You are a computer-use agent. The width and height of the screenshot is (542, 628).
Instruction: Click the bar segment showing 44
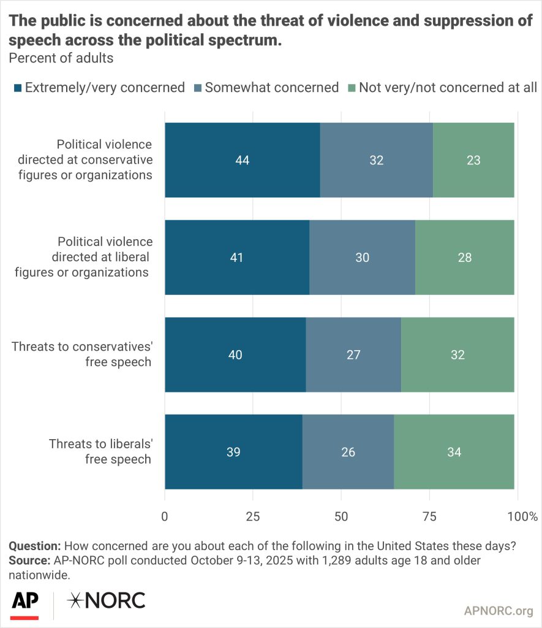point(242,160)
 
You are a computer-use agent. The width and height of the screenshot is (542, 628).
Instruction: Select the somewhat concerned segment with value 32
point(376,160)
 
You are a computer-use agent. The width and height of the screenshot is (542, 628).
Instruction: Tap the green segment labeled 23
point(473,160)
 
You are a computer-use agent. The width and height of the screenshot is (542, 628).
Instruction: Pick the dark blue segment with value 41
point(237,257)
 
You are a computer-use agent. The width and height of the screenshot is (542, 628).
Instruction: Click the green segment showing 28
point(464,257)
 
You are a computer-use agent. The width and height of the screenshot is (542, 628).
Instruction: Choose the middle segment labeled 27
point(353,354)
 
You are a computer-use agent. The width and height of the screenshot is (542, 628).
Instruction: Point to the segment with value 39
point(233,452)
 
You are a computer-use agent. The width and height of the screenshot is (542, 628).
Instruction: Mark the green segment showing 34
point(454,452)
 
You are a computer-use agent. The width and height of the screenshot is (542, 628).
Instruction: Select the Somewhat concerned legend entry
point(271,88)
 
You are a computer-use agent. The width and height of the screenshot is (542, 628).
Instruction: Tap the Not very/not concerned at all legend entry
point(448,88)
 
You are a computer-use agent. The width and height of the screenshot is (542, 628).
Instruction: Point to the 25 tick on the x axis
point(253,516)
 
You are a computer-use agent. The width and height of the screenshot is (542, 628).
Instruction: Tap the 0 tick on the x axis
point(165,516)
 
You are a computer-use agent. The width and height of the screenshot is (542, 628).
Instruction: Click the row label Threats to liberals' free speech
point(100,451)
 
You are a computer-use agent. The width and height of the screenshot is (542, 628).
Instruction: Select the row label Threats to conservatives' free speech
point(81,354)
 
